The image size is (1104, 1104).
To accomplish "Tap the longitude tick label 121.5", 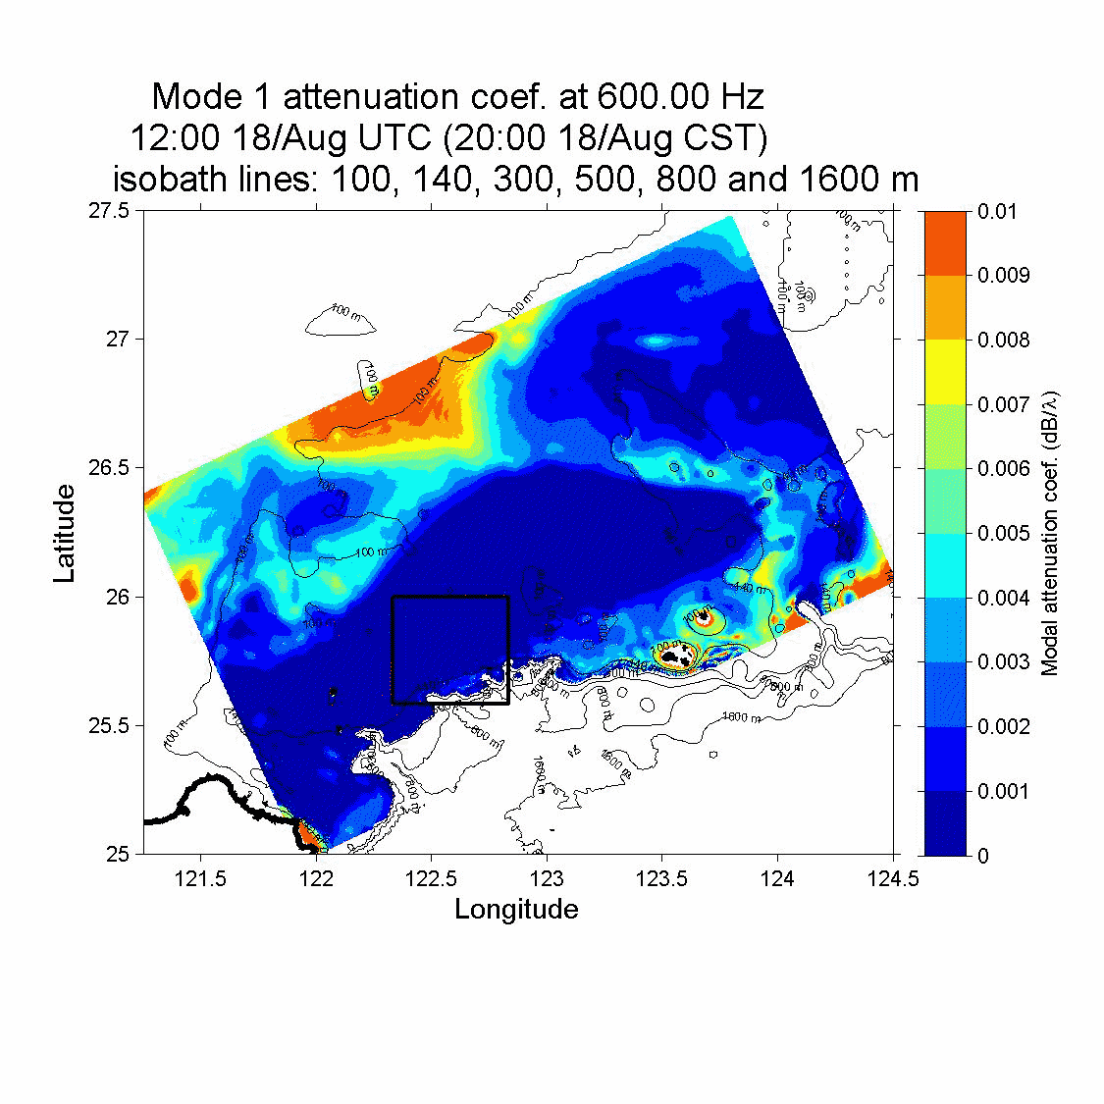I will tap(200, 878).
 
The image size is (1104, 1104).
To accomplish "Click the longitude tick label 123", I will tap(547, 878).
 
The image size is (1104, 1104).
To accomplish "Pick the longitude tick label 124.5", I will tap(893, 878).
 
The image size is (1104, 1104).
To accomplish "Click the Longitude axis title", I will tap(516, 909).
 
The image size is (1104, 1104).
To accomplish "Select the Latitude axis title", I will tap(65, 533).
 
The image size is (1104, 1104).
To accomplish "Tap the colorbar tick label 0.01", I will tap(997, 211).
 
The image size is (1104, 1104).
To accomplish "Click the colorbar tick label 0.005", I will tap(1003, 533).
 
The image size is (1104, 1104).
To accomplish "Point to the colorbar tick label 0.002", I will tap(1003, 726).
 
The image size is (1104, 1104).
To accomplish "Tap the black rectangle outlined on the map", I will tap(450, 597).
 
